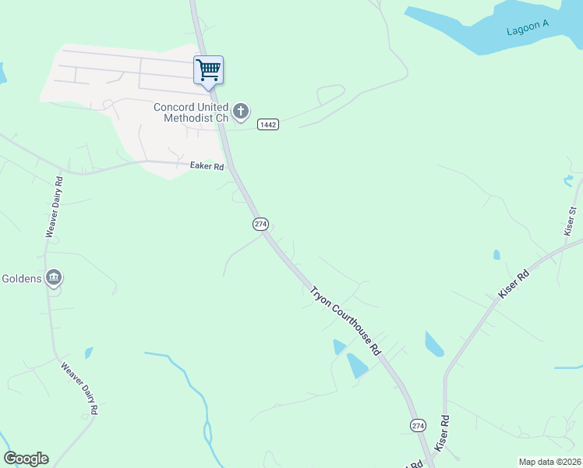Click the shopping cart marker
tap(208, 69)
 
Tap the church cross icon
tap(241, 112)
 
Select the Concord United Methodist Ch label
tap(191, 112)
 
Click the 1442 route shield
tap(268, 124)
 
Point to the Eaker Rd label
tap(207, 166)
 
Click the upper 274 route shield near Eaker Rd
tap(260, 224)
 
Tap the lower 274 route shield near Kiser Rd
tap(418, 424)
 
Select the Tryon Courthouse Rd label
tap(344, 321)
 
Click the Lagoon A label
tap(528, 28)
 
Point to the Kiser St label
tap(571, 221)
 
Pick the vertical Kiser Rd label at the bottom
tap(443, 433)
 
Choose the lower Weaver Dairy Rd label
tap(79, 386)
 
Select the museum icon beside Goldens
tap(53, 278)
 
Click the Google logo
tap(26, 459)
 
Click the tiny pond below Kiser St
tap(496, 254)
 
